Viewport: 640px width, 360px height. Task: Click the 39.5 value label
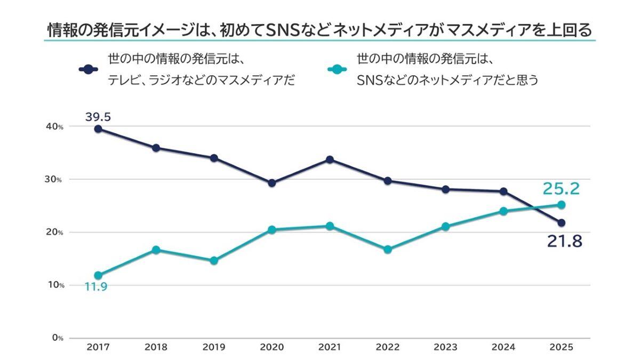click(x=99, y=116)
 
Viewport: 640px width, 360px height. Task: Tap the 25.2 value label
click(x=561, y=188)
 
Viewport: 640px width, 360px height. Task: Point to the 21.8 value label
click(x=564, y=242)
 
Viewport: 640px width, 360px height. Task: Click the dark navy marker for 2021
click(x=330, y=159)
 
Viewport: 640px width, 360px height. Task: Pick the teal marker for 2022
click(x=388, y=249)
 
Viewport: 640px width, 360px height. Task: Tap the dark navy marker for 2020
click(x=272, y=183)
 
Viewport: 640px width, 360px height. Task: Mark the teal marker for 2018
click(x=156, y=250)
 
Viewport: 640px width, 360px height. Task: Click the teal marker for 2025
click(x=561, y=205)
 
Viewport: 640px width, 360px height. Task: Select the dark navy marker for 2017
click(x=98, y=129)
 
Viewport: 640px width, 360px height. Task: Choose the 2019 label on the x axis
click(x=214, y=347)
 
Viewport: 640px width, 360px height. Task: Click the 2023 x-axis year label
click(x=445, y=347)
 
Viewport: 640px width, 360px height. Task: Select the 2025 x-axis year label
click(x=561, y=347)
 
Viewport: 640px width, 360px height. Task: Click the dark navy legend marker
click(x=89, y=69)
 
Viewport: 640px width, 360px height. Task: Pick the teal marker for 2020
click(x=272, y=230)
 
